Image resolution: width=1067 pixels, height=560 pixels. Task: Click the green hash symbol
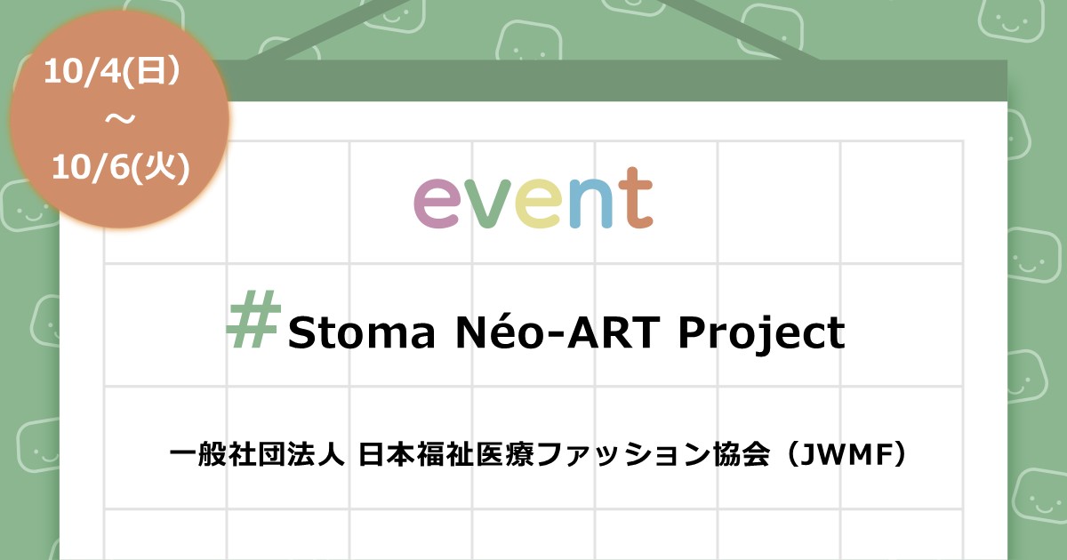[253, 318]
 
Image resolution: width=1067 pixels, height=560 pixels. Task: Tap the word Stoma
[362, 332]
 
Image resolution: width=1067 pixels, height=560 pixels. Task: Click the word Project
[762, 333]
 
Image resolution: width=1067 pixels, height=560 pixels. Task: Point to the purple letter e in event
[437, 204]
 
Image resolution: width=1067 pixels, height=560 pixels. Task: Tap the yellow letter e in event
[537, 204]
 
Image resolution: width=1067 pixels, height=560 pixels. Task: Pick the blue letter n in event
[590, 204]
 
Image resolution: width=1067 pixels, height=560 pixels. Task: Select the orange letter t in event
[638, 197]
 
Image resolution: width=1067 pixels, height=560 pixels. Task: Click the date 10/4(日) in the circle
[112, 72]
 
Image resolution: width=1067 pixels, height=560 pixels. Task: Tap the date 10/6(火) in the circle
[121, 168]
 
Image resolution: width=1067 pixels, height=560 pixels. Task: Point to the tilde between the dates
[120, 119]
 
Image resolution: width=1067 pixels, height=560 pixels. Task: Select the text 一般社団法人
[257, 454]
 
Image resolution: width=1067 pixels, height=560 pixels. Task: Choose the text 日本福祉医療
[446, 454]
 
